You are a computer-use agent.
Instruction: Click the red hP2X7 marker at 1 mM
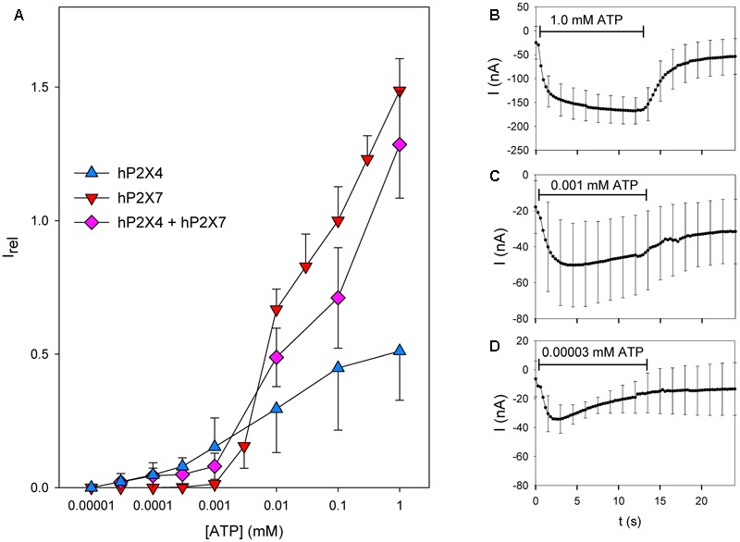[400, 92]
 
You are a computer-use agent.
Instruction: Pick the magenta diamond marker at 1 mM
[400, 144]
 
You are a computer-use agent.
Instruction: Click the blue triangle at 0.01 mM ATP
[277, 407]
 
